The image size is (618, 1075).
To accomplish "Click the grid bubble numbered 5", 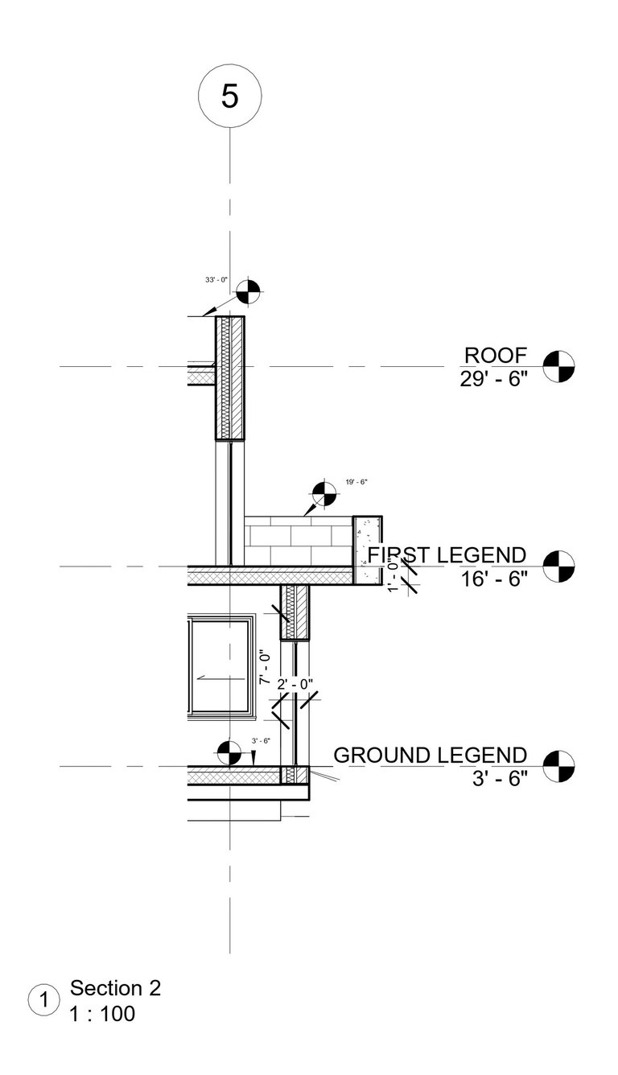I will point(230,97).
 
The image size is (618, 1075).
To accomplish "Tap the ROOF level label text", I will point(496,355).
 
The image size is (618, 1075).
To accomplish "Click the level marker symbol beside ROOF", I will point(558,366).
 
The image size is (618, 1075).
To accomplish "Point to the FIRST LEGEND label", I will point(447,555).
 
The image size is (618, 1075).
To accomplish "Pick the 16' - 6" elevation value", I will point(494,579).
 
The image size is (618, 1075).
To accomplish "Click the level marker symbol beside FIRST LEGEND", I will point(559,566).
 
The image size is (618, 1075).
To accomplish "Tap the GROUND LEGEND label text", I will point(430,756).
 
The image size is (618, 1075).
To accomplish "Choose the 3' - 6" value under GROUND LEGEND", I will point(501,779).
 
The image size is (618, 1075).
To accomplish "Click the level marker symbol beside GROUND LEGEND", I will point(559,766).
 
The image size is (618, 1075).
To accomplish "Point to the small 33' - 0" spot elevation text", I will point(217,280).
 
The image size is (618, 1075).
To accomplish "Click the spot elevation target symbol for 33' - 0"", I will point(249,291).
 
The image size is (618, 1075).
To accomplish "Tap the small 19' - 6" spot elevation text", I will point(356,481).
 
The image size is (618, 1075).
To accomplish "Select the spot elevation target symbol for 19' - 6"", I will point(324,493).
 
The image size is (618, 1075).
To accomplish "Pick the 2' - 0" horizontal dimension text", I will point(295,684).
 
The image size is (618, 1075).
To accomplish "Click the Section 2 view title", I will point(116,988).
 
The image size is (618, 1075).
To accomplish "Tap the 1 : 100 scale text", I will point(103,1014).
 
